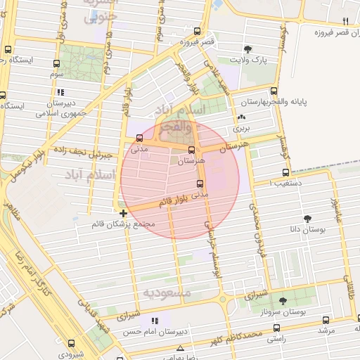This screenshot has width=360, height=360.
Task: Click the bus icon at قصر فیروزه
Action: coord(197,32)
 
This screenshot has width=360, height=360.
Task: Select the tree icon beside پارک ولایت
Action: coord(247,49)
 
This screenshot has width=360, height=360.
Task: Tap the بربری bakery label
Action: coord(242,129)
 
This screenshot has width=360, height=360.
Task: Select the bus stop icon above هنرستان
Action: coord(191,150)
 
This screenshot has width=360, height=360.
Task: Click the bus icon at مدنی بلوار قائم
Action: coord(200,184)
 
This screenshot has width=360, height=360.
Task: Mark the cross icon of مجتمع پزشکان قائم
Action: coord(124,212)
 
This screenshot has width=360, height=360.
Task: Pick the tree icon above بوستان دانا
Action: coord(307,218)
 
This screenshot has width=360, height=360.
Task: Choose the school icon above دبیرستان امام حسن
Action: coord(154,321)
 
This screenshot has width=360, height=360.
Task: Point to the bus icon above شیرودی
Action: coord(72,343)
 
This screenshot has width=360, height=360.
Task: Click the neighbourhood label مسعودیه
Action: coord(167,291)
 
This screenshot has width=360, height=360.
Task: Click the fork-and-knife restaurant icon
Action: coord(345,21)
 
